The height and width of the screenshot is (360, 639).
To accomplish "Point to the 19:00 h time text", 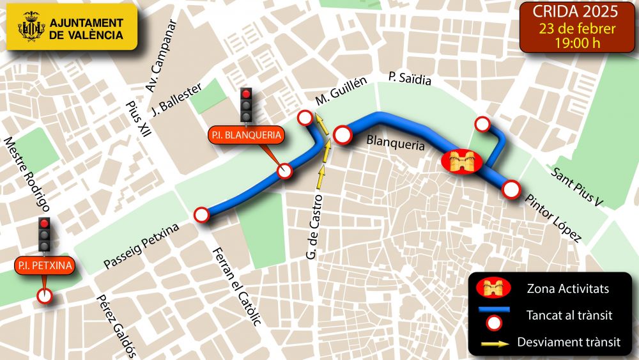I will pos(577,43).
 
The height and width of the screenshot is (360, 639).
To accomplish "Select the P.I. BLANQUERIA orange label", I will pos(246,135).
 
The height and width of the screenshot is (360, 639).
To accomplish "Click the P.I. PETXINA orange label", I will pos(45,265).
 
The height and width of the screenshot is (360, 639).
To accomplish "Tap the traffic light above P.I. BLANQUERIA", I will pos(246,104).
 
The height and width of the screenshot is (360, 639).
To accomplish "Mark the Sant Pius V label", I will pos(578,188).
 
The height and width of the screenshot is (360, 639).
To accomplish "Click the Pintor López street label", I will pos(553,219).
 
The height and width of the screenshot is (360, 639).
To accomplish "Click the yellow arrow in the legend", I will pos(494,343).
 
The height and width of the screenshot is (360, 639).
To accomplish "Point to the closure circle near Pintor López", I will pos(510,189).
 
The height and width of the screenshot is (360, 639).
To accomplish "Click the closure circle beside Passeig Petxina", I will pos(202,215).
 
